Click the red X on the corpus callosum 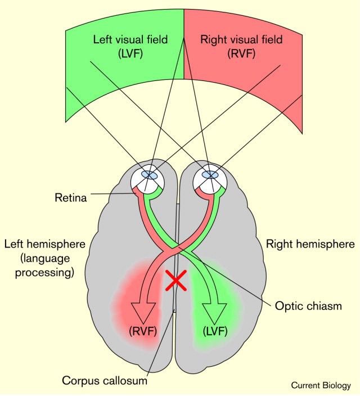(x=176, y=280)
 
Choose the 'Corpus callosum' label (x=105, y=381)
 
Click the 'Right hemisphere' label (x=310, y=244)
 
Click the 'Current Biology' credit (x=321, y=385)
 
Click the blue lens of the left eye (x=149, y=175)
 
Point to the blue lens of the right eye (x=210, y=175)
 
